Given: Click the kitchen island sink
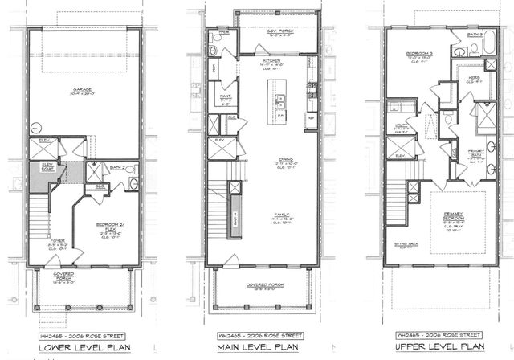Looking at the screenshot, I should coord(282,102).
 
